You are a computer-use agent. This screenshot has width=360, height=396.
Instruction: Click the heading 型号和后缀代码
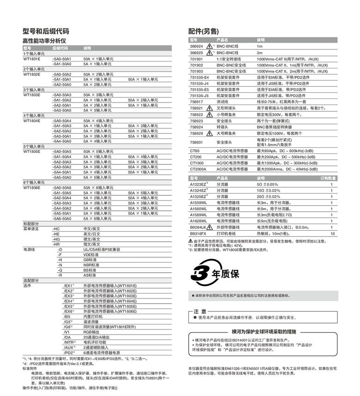click(x=46, y=31)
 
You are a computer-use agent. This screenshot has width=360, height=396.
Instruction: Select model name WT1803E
click(x=32, y=95)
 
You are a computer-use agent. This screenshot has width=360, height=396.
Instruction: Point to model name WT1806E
click(x=32, y=188)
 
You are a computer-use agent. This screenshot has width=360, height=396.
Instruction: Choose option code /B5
click(x=67, y=317)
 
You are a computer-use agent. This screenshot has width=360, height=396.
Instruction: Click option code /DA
click(x=67, y=337)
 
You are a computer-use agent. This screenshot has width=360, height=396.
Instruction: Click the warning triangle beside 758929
click(x=210, y=134)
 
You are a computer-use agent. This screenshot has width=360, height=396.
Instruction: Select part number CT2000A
click(x=198, y=169)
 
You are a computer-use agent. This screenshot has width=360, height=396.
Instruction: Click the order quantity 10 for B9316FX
click(x=332, y=234)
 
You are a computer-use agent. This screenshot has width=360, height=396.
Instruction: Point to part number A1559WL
click(x=199, y=202)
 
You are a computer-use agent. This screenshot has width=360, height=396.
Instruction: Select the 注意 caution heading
click(x=200, y=311)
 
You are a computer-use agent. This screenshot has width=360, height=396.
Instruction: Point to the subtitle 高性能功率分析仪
click(x=44, y=41)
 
